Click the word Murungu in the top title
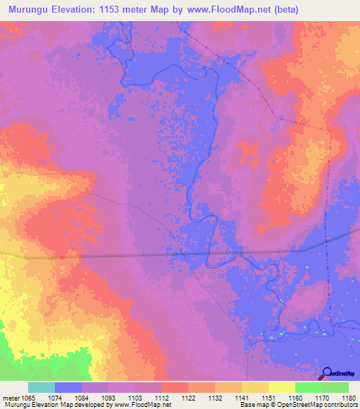tap(31, 10)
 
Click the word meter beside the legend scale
tap(12, 397)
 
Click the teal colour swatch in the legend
tap(41, 387)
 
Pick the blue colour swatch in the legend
tap(68, 387)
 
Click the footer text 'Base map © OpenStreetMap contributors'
tap(298, 405)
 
